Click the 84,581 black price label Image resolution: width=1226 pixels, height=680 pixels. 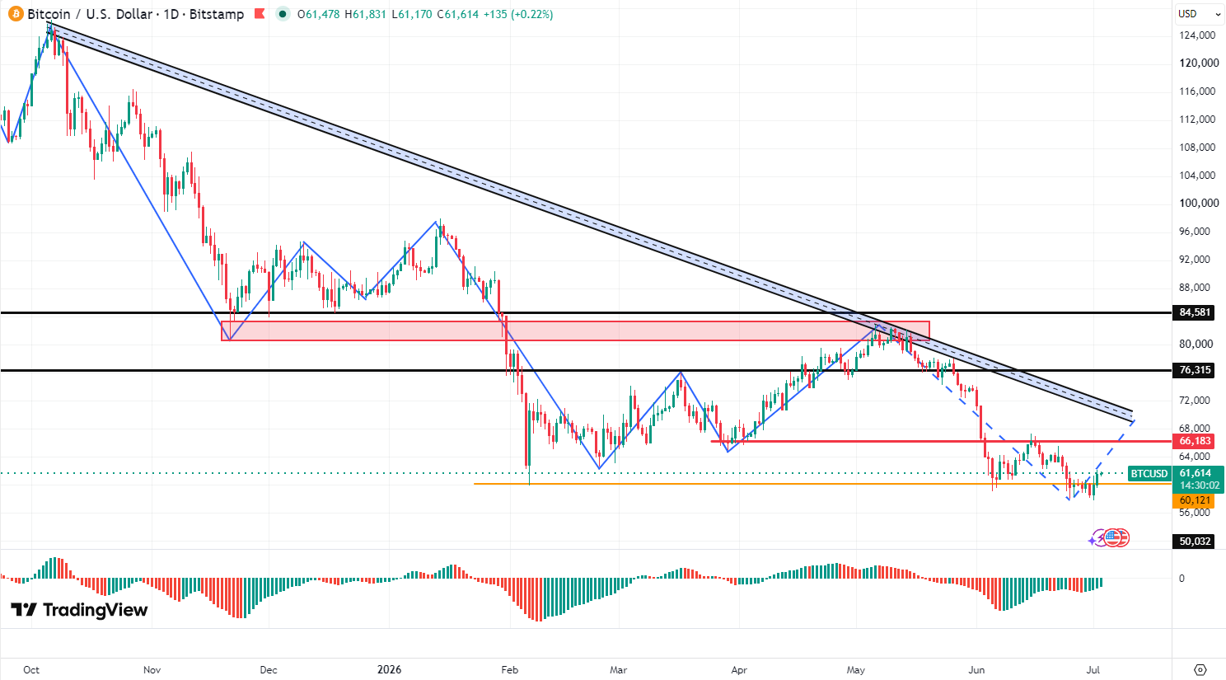tap(1194, 312)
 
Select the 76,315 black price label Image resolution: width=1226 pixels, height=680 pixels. tap(1194, 370)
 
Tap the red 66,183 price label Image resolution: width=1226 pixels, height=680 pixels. tap(1194, 441)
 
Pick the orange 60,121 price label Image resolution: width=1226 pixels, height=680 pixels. tap(1194, 500)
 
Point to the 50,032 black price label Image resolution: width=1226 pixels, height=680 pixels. tap(1194, 542)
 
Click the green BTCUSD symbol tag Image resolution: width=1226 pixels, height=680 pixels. tap(1149, 474)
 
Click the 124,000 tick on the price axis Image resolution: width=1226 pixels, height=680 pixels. tap(1197, 35)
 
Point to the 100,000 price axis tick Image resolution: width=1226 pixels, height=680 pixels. tap(1199, 203)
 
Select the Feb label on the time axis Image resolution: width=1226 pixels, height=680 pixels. tap(509, 669)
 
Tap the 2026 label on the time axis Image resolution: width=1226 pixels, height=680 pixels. tap(389, 669)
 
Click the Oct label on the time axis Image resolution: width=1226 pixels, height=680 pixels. tap(31, 669)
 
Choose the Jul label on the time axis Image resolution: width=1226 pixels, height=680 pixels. tap(1093, 669)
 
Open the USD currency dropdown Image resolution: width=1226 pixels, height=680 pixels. tap(1199, 14)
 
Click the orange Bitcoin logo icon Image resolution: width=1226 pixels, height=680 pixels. tap(16, 14)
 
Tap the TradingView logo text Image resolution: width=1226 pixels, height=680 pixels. tap(96, 610)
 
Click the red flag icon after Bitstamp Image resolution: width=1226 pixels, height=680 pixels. tap(260, 14)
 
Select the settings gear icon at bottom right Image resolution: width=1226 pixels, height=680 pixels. tap(1200, 669)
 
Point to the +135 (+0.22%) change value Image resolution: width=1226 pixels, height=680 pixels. tap(517, 14)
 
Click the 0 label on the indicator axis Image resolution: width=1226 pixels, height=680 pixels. tap(1182, 578)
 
